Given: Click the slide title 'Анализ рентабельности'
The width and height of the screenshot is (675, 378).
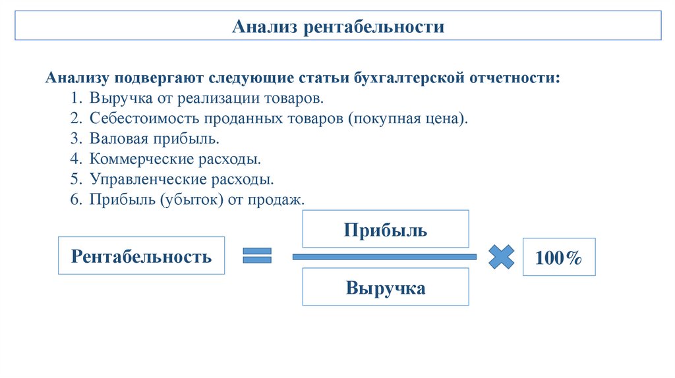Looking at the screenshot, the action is pyautogui.click(x=338, y=27).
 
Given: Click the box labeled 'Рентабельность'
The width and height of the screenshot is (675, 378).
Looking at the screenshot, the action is pyautogui.click(x=141, y=256).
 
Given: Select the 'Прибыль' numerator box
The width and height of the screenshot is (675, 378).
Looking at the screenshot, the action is pyautogui.click(x=385, y=230).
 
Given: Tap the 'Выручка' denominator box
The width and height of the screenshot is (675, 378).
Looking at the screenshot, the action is pyautogui.click(x=385, y=287).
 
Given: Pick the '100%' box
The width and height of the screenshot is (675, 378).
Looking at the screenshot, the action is pyautogui.click(x=558, y=257).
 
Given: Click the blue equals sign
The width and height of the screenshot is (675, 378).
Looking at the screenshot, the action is pyautogui.click(x=257, y=256).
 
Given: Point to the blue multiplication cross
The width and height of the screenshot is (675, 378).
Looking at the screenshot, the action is pyautogui.click(x=501, y=256).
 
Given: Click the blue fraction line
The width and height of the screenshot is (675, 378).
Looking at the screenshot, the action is pyautogui.click(x=384, y=257).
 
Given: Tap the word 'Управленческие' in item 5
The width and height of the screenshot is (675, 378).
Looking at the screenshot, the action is pyautogui.click(x=140, y=179).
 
